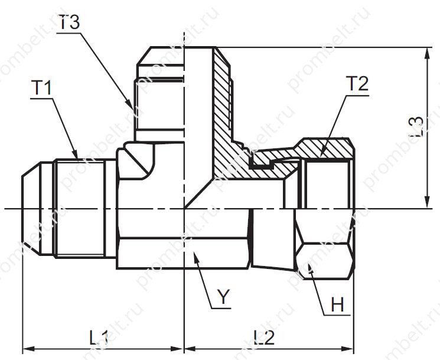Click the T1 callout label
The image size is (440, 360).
point(41,87)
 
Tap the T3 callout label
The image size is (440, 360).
point(69,22)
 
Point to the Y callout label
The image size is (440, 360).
point(224,297)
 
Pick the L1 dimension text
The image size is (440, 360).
point(99,338)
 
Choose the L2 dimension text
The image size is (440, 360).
point(264,338)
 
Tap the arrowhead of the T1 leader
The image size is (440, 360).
point(75,154)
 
